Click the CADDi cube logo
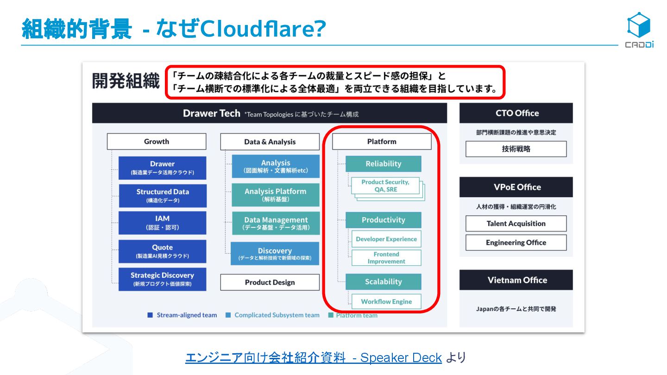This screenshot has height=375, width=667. pos(639,25)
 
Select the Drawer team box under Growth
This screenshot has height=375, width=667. pos(162,168)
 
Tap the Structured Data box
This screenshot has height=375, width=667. pos(162,196)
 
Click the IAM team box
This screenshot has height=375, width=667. pos(162,223)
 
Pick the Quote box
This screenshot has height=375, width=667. pos(162,251)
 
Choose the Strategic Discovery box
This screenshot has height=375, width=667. pos(162,279)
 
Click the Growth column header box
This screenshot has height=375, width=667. pos(157,142)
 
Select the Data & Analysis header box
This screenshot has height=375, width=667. pos(270,142)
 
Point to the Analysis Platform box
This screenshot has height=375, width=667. pos(275,195)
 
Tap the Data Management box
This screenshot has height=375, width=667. pos(275,223)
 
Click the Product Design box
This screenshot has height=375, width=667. pos(270,282)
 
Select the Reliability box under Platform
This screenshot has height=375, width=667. pos(383,164)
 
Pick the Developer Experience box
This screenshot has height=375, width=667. pos(386,239)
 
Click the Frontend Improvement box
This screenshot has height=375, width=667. pos(386,258)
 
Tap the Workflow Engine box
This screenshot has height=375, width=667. pos(386,301)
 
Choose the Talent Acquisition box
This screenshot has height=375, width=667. pos(516,224)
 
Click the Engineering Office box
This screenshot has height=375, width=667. pos(516,243)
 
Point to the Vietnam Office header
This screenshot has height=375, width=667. pos(516,280)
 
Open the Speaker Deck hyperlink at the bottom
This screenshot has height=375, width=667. pos(313,358)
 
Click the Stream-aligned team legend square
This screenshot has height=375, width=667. pos(150,315)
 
